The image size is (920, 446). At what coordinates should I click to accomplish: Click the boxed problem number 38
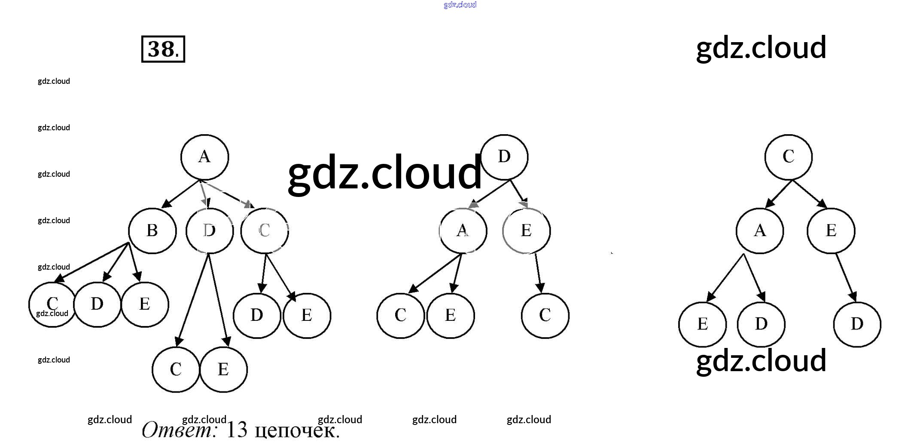click(163, 49)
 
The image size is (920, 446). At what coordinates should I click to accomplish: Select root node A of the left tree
click(204, 157)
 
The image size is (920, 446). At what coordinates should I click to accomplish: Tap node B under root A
click(152, 231)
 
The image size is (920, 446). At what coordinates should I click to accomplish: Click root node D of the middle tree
click(504, 157)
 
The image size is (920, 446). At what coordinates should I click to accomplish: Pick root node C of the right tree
click(788, 157)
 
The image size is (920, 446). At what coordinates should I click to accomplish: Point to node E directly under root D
click(526, 231)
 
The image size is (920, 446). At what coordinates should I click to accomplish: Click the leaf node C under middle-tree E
click(545, 315)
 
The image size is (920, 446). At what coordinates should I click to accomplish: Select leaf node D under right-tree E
click(856, 324)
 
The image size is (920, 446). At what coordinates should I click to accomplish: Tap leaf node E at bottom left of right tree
click(702, 324)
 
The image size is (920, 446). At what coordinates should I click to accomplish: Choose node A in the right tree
click(759, 231)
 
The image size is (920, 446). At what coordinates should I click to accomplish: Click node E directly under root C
click(831, 231)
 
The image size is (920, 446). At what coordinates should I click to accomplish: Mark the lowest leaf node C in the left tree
click(176, 369)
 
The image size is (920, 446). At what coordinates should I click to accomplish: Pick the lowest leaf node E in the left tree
click(223, 369)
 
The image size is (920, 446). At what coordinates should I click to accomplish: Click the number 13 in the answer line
click(237, 430)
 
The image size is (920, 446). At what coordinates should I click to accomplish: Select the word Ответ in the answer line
click(180, 430)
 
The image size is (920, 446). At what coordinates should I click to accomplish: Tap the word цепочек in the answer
click(297, 431)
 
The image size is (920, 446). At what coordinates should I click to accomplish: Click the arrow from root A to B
click(180, 194)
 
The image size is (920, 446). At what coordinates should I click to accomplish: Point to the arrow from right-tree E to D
click(845, 277)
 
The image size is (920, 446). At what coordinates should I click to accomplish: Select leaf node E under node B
click(145, 305)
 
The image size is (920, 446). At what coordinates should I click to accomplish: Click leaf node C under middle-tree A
click(400, 315)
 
